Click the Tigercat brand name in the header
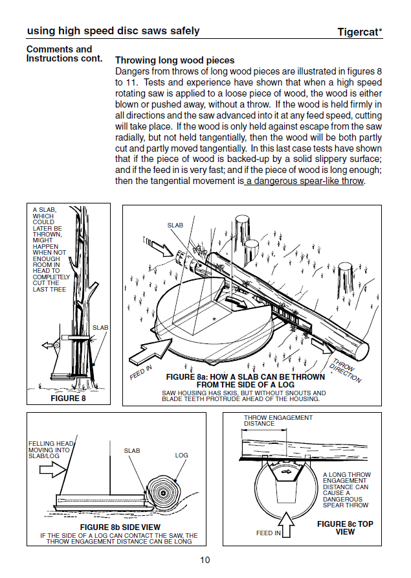tap(359, 32)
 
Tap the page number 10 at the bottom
tap(205, 561)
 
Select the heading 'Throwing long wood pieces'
tap(175, 60)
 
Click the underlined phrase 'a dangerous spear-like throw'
tap(305, 181)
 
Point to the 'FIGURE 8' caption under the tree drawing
tap(68, 399)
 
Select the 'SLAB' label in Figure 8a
tap(175, 225)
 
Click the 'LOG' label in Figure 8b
tap(181, 455)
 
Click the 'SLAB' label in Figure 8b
tap(132, 450)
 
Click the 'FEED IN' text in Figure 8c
tap(269, 533)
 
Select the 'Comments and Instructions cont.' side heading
tap(63, 54)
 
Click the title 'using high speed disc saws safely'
tap(113, 31)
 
